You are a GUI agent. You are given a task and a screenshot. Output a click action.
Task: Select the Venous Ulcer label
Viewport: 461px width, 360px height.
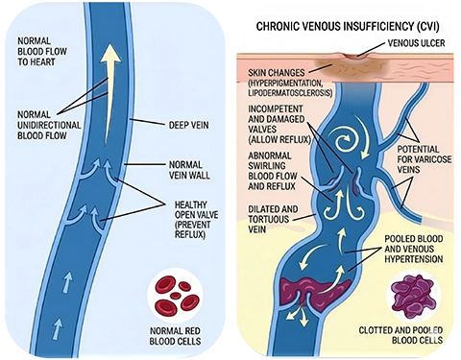(412, 44)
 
